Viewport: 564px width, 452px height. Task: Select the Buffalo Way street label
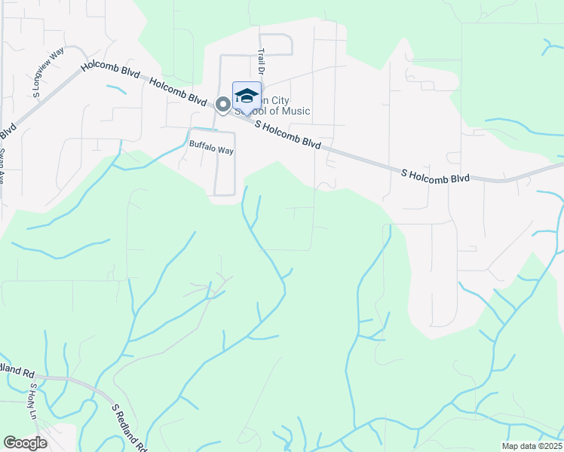point(211,150)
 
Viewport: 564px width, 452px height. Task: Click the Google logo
point(25,443)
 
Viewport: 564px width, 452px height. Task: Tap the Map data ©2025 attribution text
point(531,446)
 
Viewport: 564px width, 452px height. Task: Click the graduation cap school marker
point(247,96)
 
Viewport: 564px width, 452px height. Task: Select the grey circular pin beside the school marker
point(223,105)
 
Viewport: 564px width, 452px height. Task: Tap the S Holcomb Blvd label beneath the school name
point(288,134)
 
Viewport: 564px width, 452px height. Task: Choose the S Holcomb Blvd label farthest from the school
point(435,176)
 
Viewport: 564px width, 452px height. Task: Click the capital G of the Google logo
point(10,443)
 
